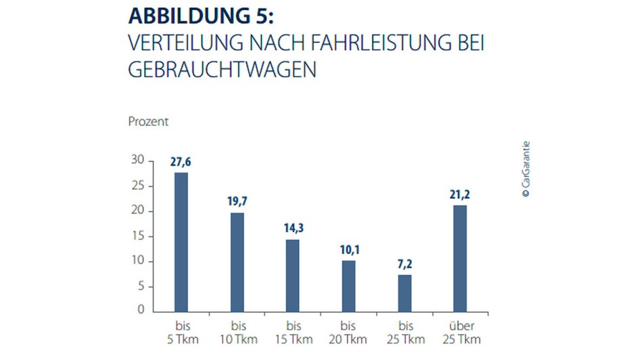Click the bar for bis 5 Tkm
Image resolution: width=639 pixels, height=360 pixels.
click(181, 242)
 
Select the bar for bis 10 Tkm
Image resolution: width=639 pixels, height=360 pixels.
click(237, 262)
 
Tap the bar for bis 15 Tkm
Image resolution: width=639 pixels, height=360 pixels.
click(293, 275)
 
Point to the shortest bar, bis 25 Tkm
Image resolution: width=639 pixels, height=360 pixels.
click(404, 293)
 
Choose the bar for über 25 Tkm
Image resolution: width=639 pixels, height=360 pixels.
click(460, 258)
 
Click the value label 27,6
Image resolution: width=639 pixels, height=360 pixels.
click(181, 162)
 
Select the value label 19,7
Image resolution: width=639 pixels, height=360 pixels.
click(237, 202)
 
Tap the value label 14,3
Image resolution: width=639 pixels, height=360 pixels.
click(293, 229)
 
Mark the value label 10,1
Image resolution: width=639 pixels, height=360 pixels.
click(348, 250)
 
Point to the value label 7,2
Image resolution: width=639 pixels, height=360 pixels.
click(404, 264)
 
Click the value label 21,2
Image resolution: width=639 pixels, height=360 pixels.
click(460, 195)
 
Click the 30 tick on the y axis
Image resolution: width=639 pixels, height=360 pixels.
click(138, 160)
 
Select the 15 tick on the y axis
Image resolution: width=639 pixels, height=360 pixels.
click(138, 235)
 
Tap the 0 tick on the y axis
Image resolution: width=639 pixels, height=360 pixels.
click(141, 311)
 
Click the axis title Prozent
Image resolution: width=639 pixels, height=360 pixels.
click(148, 122)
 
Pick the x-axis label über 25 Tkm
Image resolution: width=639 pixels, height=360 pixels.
click(460, 332)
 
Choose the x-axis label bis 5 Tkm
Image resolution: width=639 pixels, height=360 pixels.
click(181, 332)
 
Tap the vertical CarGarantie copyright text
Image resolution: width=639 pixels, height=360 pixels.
click(525, 168)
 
